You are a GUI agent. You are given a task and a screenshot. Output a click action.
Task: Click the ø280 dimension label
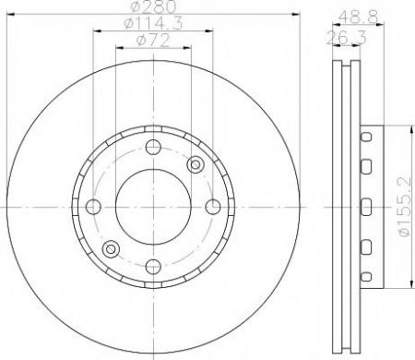(153, 6)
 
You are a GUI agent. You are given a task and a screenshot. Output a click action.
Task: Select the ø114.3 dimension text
(153, 23)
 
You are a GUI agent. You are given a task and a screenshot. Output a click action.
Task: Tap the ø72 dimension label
(152, 41)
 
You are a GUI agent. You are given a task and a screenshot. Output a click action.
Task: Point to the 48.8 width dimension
(358, 17)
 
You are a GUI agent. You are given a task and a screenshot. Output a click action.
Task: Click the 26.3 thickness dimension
(346, 38)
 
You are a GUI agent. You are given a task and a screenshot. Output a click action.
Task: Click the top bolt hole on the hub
(153, 147)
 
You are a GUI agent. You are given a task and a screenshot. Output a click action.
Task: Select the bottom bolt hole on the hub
(153, 267)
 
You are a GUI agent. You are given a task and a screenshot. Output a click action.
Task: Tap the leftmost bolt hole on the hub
(93, 207)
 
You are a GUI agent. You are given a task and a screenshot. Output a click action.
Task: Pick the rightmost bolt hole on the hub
(213, 207)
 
